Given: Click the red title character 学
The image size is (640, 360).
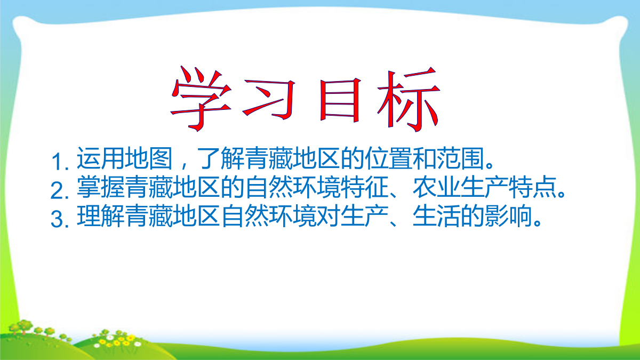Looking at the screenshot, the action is point(201,99).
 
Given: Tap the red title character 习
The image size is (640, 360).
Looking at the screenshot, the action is point(269,99).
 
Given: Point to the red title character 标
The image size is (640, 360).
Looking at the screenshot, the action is point(409,99).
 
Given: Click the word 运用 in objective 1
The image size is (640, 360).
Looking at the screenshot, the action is point(101,158).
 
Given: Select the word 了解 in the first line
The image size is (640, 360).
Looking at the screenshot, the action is point(221,158).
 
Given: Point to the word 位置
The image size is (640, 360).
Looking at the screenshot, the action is point(389,158).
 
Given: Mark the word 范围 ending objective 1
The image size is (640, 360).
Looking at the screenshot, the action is point(461,158).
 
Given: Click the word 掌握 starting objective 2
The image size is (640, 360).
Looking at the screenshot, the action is point(101,187).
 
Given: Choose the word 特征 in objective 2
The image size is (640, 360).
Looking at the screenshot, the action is point(365,187).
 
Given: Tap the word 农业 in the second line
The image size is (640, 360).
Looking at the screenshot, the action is point(437,187).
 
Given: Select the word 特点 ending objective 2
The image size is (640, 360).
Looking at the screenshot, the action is point(533,187).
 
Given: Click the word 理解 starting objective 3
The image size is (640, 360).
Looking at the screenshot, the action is point(101,216).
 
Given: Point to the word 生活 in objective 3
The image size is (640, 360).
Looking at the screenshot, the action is point(437,216).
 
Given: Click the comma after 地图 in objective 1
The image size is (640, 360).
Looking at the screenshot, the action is point(183,166).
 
